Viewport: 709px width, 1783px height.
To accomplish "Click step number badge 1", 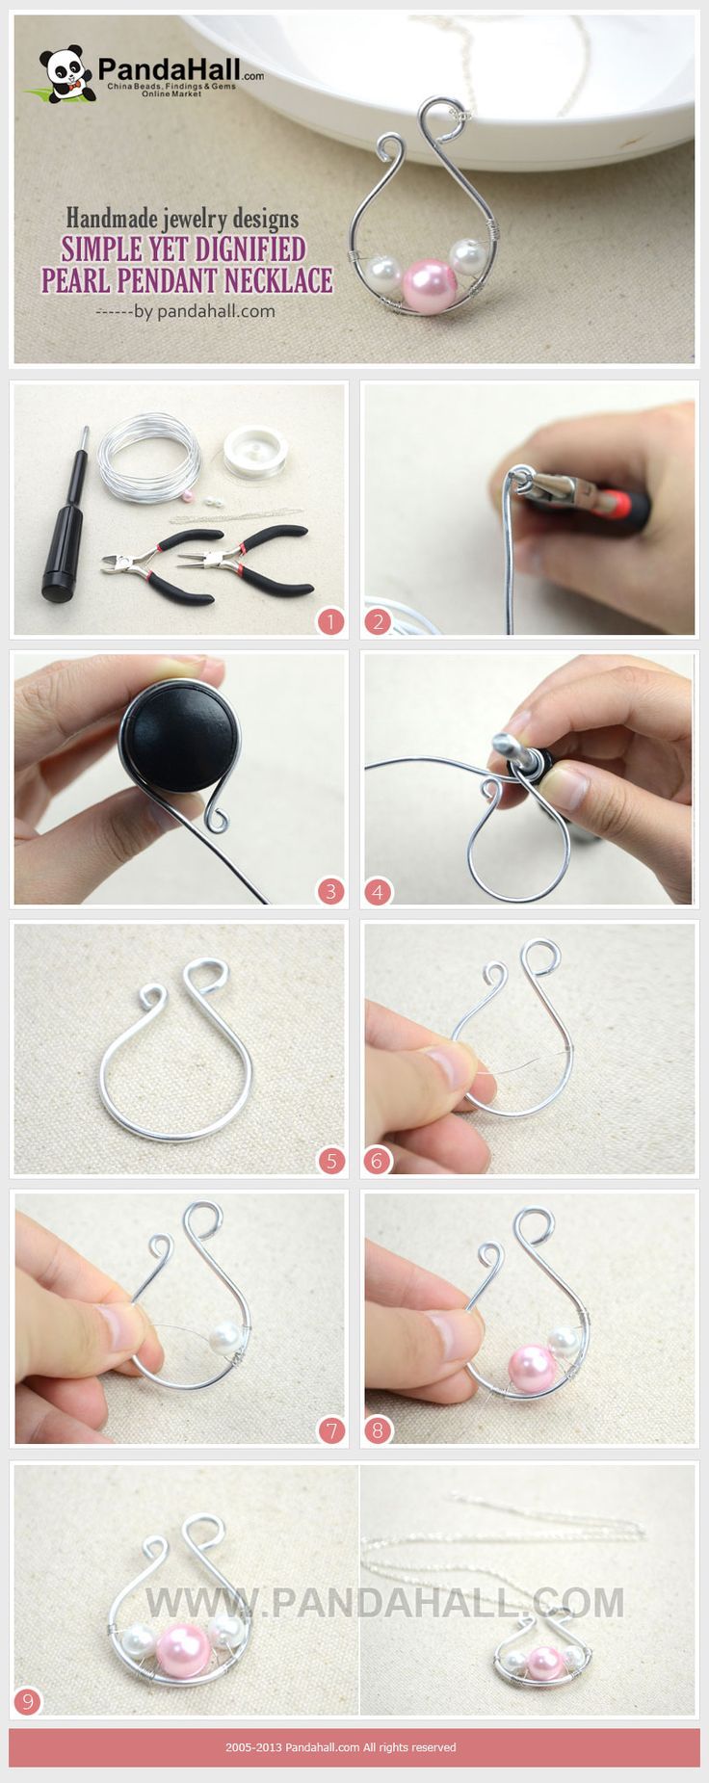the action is click(x=330, y=622).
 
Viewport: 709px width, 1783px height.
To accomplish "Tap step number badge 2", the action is click(x=377, y=622).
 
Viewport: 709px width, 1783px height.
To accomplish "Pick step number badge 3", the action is click(x=330, y=891).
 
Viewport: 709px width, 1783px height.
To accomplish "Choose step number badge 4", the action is click(x=377, y=891).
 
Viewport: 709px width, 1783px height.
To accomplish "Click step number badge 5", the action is click(x=330, y=1162).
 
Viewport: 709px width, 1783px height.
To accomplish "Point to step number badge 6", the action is click(x=377, y=1162).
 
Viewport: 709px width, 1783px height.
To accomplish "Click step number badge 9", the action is click(x=28, y=1703).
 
